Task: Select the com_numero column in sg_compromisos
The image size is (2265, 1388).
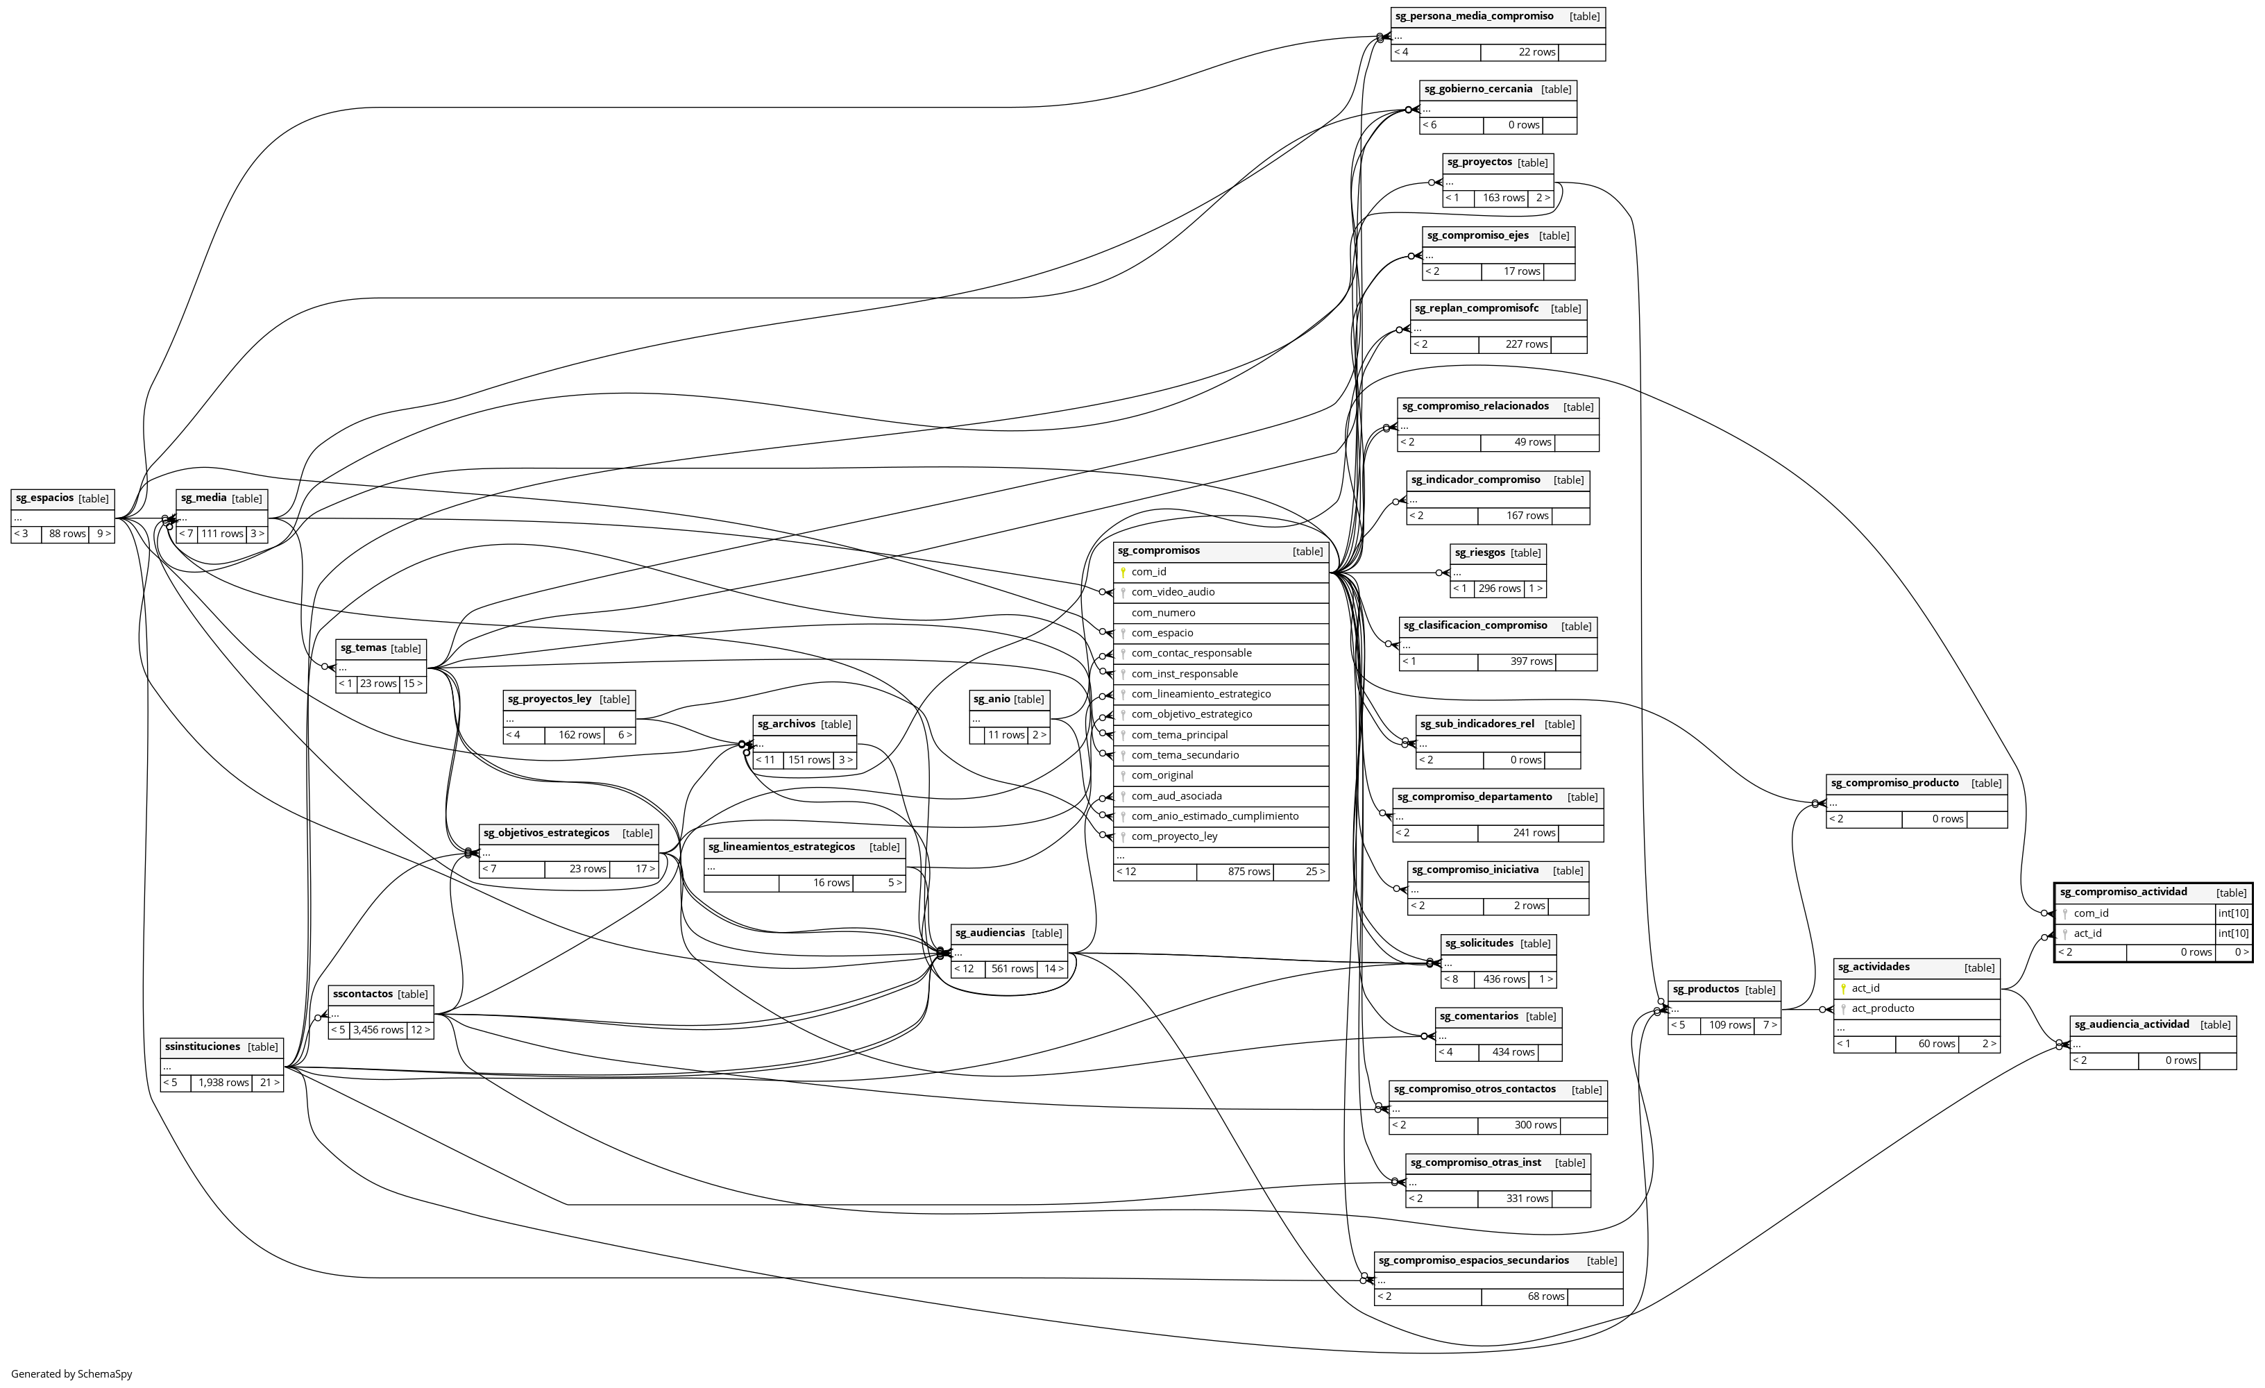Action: [1163, 613]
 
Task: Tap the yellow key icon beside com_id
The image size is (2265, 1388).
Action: [1122, 572]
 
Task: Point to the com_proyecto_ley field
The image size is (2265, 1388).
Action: [1174, 836]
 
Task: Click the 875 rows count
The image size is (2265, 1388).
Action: [1248, 872]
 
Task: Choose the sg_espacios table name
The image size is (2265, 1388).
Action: [44, 498]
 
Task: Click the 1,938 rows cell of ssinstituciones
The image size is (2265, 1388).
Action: [223, 1083]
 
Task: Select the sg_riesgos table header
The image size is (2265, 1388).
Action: [1479, 552]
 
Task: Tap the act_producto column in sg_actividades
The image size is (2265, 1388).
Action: [1883, 1008]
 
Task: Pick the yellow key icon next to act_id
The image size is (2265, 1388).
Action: [1843, 988]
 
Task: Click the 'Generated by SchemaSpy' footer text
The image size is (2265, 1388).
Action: [71, 1374]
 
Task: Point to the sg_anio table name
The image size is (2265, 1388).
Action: [991, 699]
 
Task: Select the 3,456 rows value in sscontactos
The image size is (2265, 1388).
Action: [377, 1029]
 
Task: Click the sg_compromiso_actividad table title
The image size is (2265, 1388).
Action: [2123, 892]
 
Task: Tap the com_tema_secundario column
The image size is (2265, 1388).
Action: [1185, 754]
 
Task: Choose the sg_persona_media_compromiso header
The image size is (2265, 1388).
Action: [1473, 17]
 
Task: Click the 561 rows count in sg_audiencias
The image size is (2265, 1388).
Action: [1011, 969]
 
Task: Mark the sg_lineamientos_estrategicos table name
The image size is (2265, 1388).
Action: [781, 847]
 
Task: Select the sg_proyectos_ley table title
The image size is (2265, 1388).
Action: [550, 699]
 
